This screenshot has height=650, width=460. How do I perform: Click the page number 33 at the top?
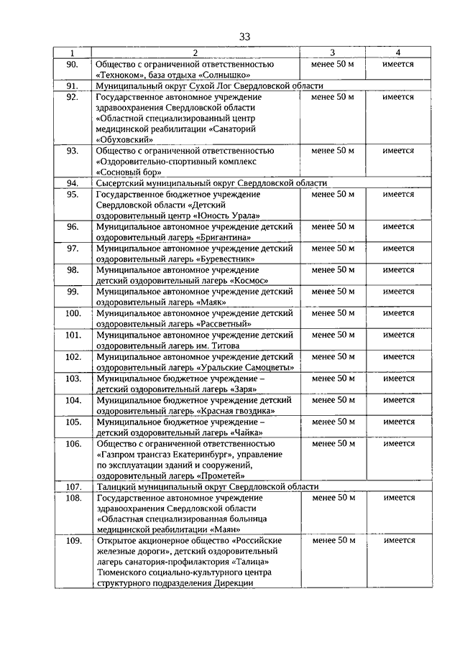click(245, 37)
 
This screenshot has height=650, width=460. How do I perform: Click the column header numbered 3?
click(332, 53)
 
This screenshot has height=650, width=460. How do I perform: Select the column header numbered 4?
click(398, 53)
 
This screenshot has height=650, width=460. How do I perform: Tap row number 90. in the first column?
click(72, 64)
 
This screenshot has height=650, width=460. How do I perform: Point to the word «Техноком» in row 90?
click(121, 74)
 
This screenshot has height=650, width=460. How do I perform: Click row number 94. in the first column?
click(72, 183)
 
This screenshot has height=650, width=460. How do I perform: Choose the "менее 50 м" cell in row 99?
click(332, 292)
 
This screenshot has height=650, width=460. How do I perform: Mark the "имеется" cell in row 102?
click(398, 357)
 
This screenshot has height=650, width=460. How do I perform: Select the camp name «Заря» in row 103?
click(233, 389)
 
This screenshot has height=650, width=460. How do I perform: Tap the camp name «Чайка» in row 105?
click(234, 432)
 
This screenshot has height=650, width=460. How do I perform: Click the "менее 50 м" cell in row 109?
click(332, 540)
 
